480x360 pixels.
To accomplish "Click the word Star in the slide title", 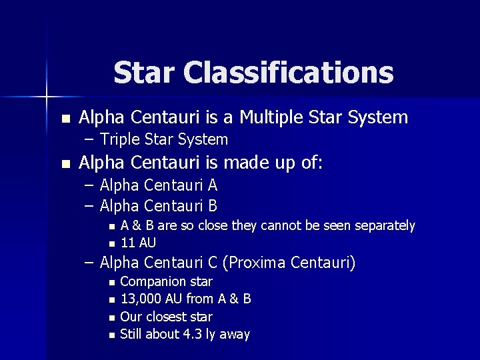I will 142,72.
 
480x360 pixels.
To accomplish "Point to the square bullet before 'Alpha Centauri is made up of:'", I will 65,164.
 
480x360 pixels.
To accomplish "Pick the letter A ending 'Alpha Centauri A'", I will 213,185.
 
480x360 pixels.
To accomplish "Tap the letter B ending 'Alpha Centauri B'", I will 213,206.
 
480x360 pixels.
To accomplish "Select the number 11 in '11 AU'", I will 127,243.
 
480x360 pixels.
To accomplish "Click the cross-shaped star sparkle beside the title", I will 47,97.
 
